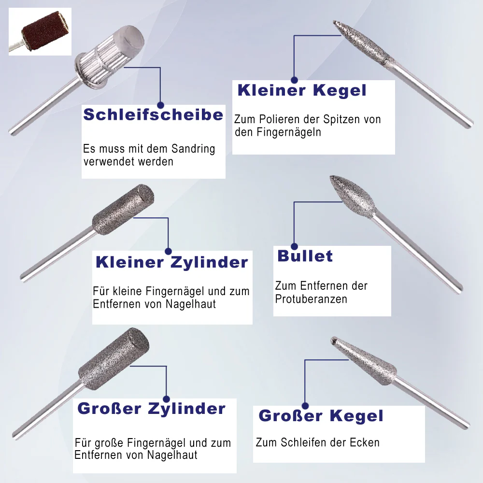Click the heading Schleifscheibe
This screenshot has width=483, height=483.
[153, 114]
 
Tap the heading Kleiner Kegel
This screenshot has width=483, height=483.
[302, 90]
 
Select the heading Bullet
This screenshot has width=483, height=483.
[305, 256]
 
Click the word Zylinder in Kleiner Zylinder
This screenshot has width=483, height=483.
[209, 262]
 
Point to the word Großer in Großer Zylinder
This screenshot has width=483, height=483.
[109, 409]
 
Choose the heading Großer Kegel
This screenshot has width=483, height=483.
[321, 416]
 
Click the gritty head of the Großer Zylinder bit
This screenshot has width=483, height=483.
[114, 358]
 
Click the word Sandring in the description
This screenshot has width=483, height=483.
[193, 149]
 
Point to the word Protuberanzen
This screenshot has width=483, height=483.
[311, 299]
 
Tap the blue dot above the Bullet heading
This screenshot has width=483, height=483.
[295, 246]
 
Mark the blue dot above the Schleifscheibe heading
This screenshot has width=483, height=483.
[160, 105]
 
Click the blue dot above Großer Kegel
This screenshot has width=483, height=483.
[305, 406]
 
